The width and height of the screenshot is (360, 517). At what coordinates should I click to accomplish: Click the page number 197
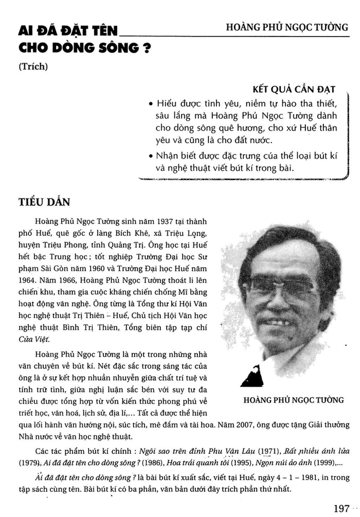tap(341, 508)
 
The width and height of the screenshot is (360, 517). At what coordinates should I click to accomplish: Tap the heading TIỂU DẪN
tap(45, 202)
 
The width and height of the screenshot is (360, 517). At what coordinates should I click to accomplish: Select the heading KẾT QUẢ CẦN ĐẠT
tap(294, 89)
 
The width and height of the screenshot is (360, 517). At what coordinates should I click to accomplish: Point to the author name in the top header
tap(287, 27)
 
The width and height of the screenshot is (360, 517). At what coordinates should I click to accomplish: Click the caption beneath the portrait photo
tap(292, 400)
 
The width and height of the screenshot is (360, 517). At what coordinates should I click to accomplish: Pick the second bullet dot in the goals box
tap(150, 156)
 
